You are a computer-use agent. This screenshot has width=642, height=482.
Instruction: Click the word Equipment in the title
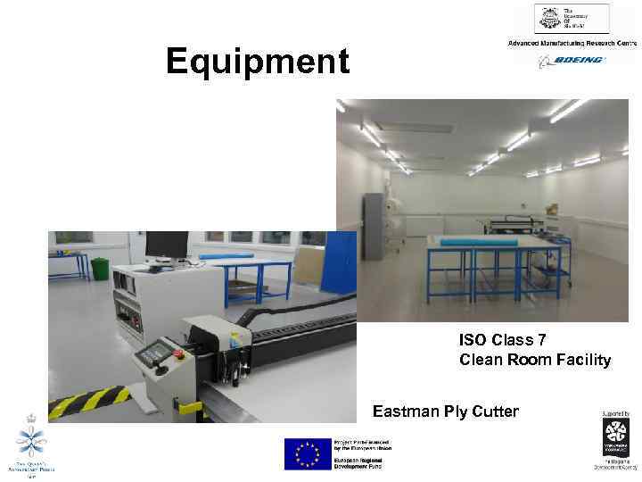(258, 62)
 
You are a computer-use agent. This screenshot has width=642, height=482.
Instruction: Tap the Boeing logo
(571, 60)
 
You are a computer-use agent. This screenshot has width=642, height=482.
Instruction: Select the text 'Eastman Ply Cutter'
(445, 411)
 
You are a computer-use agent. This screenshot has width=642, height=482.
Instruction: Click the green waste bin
(100, 267)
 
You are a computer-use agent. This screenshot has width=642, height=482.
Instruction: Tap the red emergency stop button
(177, 353)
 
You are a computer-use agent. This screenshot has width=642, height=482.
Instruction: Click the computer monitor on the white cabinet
(167, 245)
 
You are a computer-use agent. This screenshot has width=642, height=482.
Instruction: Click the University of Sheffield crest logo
(547, 19)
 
